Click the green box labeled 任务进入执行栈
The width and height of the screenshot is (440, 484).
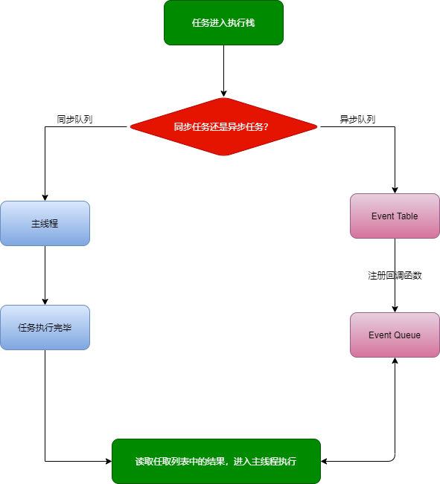click(x=223, y=22)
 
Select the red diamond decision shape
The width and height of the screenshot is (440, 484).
click(x=223, y=126)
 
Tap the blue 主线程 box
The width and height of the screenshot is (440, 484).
click(x=45, y=223)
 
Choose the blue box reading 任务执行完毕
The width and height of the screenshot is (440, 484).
click(x=45, y=327)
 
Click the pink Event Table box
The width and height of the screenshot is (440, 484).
click(x=395, y=216)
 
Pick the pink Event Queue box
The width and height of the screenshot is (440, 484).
click(x=395, y=335)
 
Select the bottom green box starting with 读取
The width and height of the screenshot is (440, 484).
click(x=216, y=461)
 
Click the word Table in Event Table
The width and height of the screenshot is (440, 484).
click(x=406, y=216)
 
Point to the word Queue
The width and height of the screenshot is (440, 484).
click(x=406, y=335)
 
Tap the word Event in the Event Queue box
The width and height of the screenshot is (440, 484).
click(x=380, y=335)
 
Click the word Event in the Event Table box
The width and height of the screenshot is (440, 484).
click(x=383, y=216)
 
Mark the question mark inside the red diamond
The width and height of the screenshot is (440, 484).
click(x=266, y=127)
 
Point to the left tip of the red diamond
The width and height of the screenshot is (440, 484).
click(x=131, y=126)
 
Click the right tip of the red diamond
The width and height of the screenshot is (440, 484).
click(x=316, y=126)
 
